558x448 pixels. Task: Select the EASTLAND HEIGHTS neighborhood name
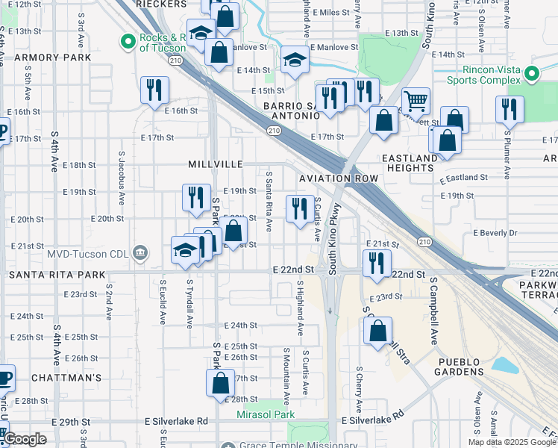[x=408, y=163]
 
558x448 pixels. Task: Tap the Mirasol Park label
[x=266, y=414]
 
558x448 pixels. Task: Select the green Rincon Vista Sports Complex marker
[x=531, y=74]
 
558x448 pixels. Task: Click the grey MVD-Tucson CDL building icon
[x=139, y=253]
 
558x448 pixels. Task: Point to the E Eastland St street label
[x=463, y=178]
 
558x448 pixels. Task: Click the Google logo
[x=25, y=439]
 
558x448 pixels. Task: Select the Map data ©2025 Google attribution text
[x=511, y=442]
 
